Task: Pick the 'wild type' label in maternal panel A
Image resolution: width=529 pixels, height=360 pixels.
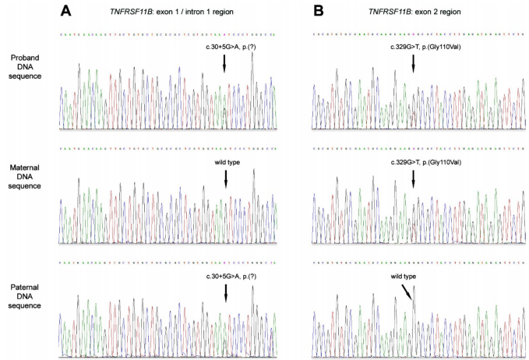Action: coord(225,162)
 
